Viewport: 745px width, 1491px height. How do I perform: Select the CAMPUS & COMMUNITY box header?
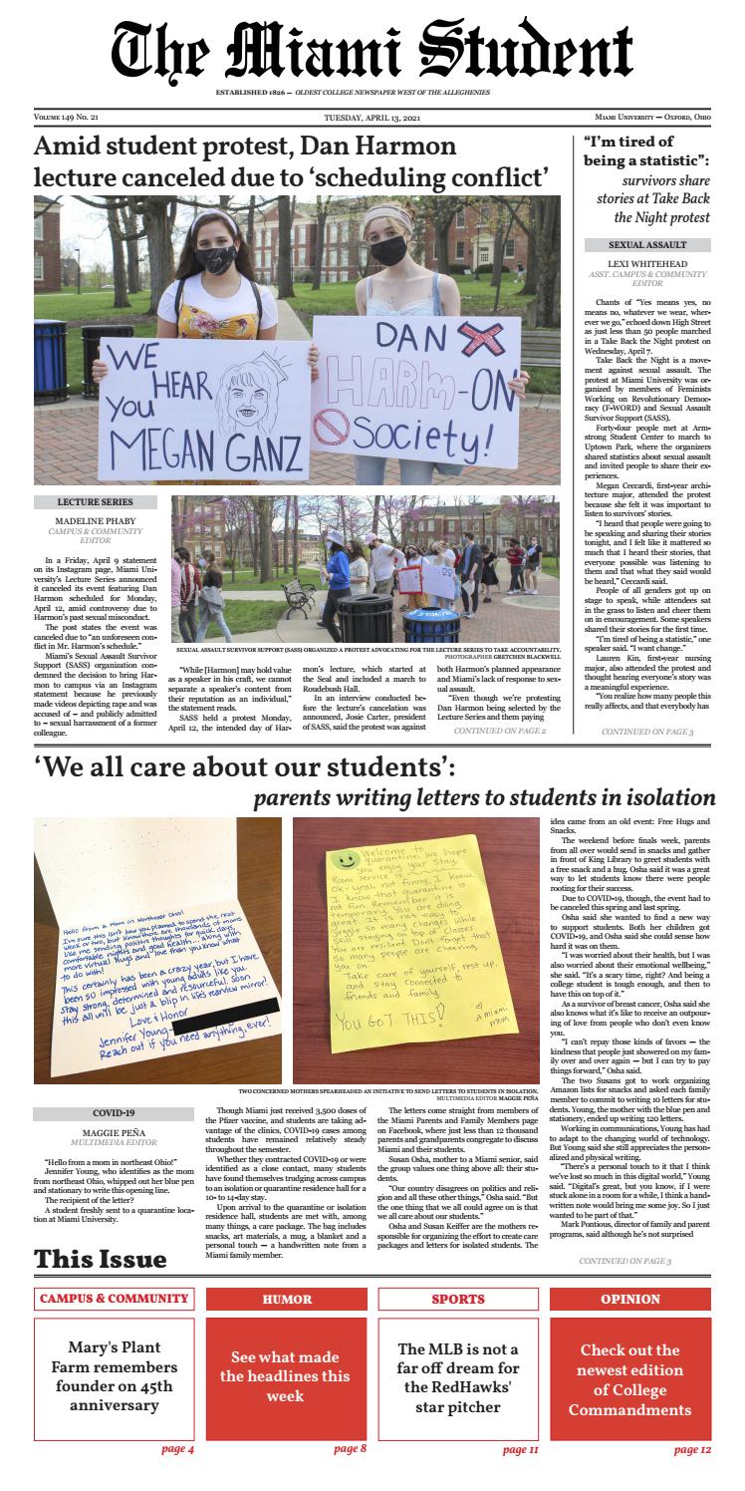click(114, 1299)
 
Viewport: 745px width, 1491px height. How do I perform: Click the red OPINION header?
click(630, 1300)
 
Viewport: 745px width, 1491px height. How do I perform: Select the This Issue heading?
click(100, 1259)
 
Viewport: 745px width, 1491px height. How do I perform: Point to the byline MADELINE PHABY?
click(95, 520)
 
